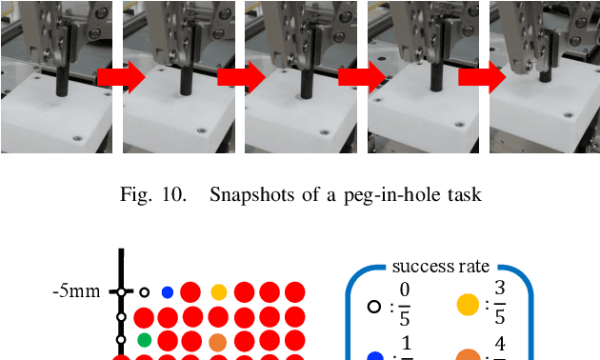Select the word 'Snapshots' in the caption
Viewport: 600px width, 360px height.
250,196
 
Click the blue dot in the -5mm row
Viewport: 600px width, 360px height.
168,292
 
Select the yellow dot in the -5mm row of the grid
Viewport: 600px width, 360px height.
218,292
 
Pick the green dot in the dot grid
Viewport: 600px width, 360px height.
145,339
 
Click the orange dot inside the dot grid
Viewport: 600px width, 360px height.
218,341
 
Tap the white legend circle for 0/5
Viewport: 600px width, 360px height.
375,306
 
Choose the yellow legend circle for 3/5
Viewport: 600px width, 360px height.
468,306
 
